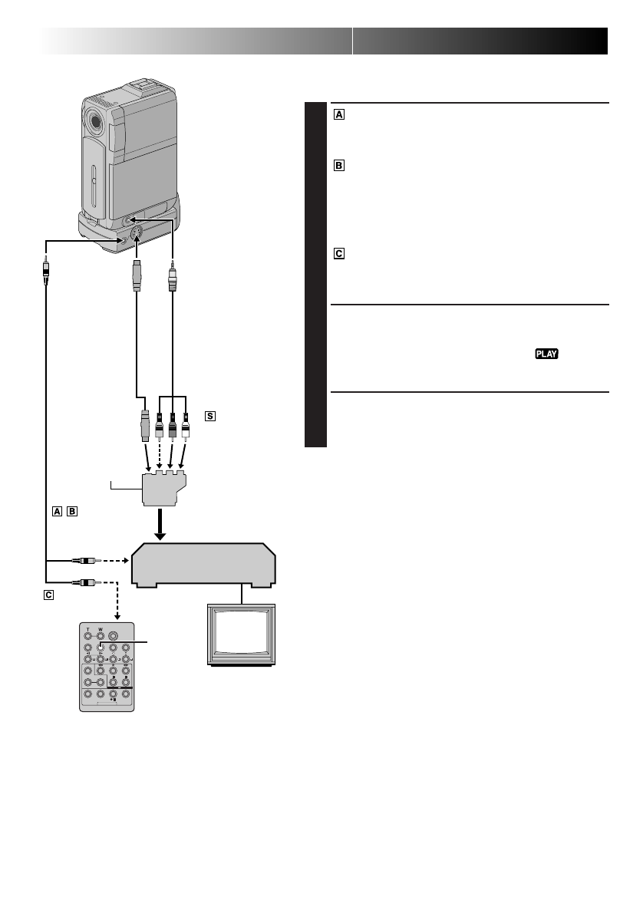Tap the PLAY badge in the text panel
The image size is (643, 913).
tap(547, 354)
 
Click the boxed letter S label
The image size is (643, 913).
tap(210, 416)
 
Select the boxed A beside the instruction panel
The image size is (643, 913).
tap(339, 115)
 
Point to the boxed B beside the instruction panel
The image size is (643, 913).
tap(339, 166)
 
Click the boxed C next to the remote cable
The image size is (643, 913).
tap(48, 595)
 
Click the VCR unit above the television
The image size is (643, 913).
tap(204, 565)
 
